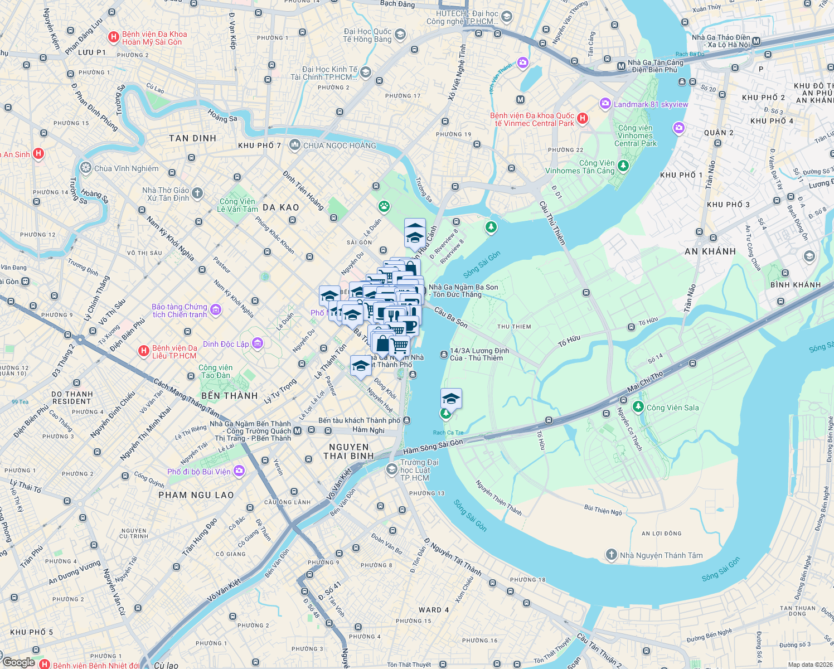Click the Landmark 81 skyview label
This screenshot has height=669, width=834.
click(651, 104)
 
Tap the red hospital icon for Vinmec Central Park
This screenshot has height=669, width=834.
click(583, 118)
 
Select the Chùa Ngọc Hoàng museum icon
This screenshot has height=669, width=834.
click(294, 146)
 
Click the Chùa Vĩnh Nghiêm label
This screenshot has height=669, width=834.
click(126, 168)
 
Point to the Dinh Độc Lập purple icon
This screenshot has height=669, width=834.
click(257, 343)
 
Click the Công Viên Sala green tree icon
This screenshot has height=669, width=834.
click(638, 408)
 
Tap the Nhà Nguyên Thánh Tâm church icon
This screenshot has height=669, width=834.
click(612, 555)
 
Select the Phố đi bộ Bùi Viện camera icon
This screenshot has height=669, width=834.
click(239, 471)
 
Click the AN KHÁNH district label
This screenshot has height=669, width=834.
click(710, 251)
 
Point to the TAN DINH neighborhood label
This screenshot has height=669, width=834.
click(192, 138)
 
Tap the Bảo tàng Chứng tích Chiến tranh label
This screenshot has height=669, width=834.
click(180, 311)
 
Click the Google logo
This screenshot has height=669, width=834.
click(19, 662)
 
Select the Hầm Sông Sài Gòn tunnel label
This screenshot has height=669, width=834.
click(433, 447)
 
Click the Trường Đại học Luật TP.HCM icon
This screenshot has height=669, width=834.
click(392, 470)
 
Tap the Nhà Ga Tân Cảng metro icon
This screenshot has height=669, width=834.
click(621, 66)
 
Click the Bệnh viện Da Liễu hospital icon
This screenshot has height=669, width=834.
click(143, 351)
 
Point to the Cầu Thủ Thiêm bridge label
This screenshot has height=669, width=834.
click(552, 224)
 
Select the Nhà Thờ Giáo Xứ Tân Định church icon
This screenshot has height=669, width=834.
click(197, 194)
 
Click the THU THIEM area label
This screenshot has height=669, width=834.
click(514, 327)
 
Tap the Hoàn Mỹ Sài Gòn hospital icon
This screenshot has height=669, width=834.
click(114, 37)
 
